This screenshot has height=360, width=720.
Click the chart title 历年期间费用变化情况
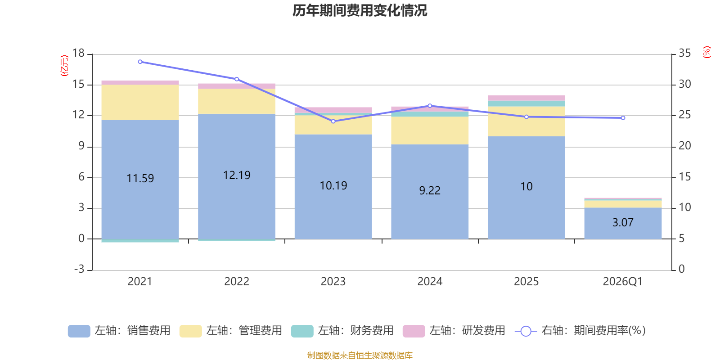pyautogui.click(x=360, y=11)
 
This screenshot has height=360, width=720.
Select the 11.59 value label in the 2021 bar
pyautogui.click(x=140, y=178)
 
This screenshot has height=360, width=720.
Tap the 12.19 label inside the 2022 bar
pyautogui.click(x=237, y=175)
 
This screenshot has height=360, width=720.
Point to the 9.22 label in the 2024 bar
pyautogui.click(x=430, y=191)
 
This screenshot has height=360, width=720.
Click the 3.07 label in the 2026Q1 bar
pyautogui.click(x=623, y=222)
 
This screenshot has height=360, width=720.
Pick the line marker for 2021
pyautogui.click(x=140, y=62)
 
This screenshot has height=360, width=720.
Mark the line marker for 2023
pyautogui.click(x=333, y=121)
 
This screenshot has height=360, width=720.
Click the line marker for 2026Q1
pyautogui.click(x=623, y=118)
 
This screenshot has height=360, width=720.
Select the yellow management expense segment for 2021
pyautogui.click(x=140, y=103)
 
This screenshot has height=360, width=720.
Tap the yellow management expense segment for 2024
pyautogui.click(x=430, y=130)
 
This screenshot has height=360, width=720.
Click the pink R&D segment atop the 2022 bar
pyautogui.click(x=237, y=86)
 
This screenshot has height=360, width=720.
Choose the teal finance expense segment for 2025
pyautogui.click(x=526, y=103)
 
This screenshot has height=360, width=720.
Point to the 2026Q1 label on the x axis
pyautogui.click(x=623, y=282)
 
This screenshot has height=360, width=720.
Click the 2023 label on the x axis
pyautogui.click(x=333, y=282)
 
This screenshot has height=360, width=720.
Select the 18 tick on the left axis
pyautogui.click(x=78, y=53)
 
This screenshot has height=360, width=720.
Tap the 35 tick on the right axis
pyautogui.click(x=684, y=53)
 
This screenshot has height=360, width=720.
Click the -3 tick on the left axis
pyautogui.click(x=79, y=269)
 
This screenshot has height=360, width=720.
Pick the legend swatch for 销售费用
pyautogui.click(x=79, y=331)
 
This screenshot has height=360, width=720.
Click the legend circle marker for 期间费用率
pyautogui.click(x=526, y=331)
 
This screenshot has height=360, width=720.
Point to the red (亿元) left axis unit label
pyautogui.click(x=65, y=66)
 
